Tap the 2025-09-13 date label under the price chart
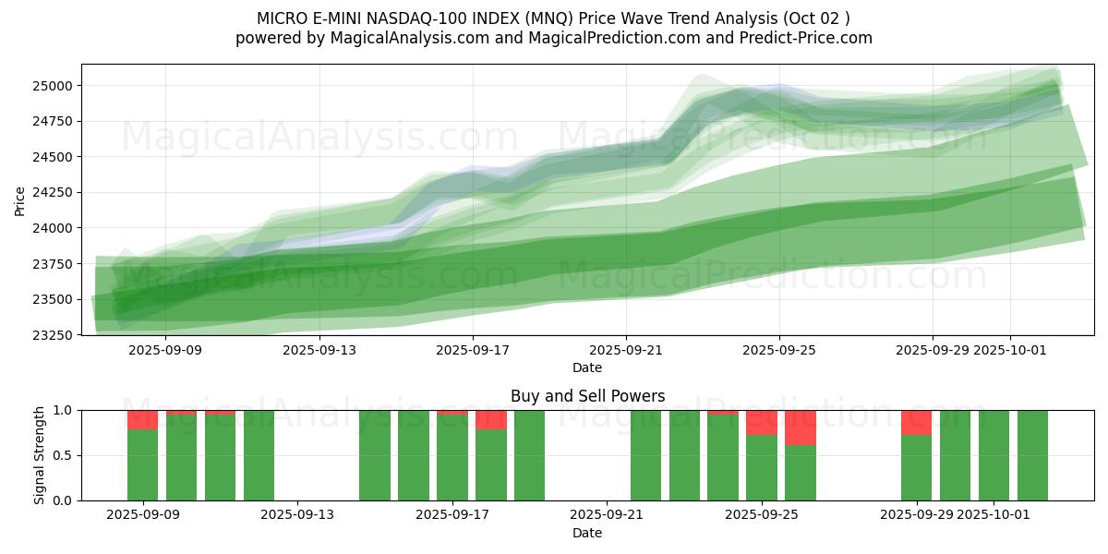(319, 350)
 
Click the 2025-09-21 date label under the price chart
(626, 350)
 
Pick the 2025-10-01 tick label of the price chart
(1010, 350)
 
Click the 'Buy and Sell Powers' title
(587, 396)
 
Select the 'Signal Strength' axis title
(39, 455)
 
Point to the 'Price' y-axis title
(20, 199)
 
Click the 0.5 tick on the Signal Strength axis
(64, 455)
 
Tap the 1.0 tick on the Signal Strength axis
(64, 410)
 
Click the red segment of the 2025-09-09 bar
(142, 420)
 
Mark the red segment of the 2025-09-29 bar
(916, 423)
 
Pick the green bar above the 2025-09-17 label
(452, 458)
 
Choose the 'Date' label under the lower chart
(587, 533)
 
